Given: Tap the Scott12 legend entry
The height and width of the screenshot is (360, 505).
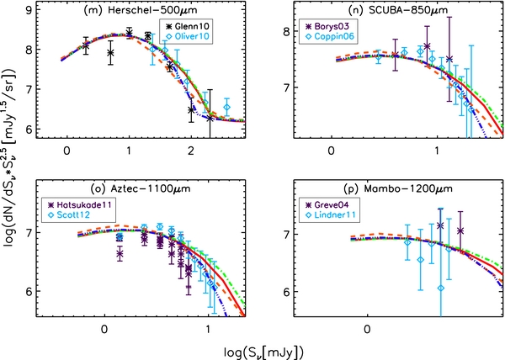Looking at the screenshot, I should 77,215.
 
